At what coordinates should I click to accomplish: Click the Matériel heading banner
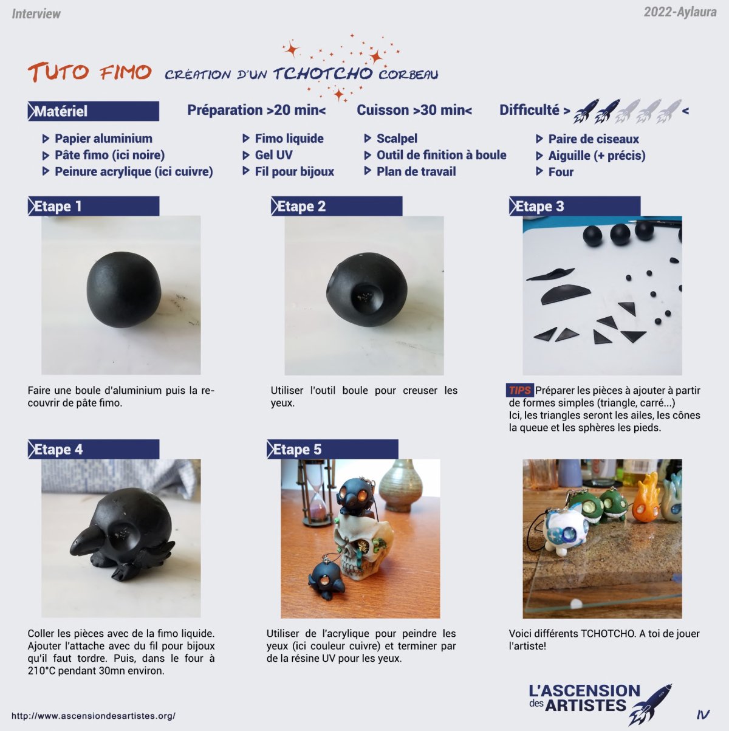point(94,111)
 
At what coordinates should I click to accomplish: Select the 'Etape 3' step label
point(575,207)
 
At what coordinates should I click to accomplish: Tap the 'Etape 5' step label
point(332,450)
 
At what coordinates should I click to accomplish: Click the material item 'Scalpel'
point(397,139)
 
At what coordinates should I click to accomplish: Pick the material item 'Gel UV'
point(273,155)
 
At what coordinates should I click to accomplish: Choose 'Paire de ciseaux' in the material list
point(594,139)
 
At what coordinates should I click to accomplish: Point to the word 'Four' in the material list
point(561,172)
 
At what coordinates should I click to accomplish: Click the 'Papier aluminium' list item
point(103,139)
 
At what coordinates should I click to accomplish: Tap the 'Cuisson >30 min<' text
point(414,110)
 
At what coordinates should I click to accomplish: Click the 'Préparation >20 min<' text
point(256,110)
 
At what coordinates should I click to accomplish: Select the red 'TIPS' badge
point(519,390)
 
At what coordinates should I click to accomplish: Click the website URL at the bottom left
point(94,716)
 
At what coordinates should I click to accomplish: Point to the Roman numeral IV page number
point(703,715)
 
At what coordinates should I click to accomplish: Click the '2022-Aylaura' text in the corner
point(680,12)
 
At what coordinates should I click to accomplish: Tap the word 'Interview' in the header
point(36,14)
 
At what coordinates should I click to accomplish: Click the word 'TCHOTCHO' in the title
point(323,73)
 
